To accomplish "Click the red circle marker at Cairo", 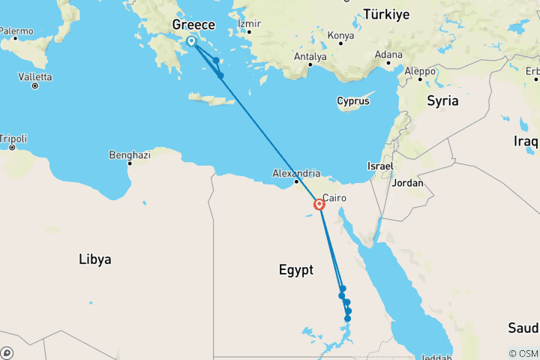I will tap(319, 204).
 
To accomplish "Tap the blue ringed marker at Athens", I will tap(191, 42).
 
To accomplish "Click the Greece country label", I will tap(193, 25).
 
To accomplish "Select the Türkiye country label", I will tap(386, 13).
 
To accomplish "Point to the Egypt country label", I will tap(295, 270).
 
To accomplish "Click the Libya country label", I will tap(95, 259).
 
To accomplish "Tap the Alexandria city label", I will tap(296, 172).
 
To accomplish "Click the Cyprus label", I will tap(352, 101).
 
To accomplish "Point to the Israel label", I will tap(381, 165).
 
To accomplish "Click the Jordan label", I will tap(408, 182).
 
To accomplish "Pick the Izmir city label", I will tap(248, 23).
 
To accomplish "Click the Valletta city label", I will tap(34, 76).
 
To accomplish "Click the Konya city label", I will tap(340, 34).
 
